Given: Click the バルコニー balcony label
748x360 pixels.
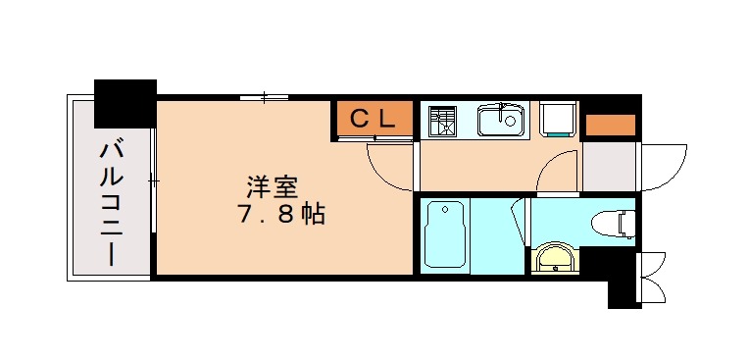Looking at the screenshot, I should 110,205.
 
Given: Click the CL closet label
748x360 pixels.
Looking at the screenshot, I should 374,119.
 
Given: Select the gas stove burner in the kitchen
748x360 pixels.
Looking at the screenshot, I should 442,121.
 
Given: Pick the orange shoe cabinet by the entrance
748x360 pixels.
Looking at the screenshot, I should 609,126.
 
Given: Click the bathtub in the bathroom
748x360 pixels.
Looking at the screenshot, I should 445,235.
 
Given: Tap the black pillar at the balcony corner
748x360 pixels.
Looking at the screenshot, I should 125,101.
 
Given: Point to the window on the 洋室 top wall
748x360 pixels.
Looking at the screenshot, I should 264,97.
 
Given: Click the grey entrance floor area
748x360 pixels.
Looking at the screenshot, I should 609,168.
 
